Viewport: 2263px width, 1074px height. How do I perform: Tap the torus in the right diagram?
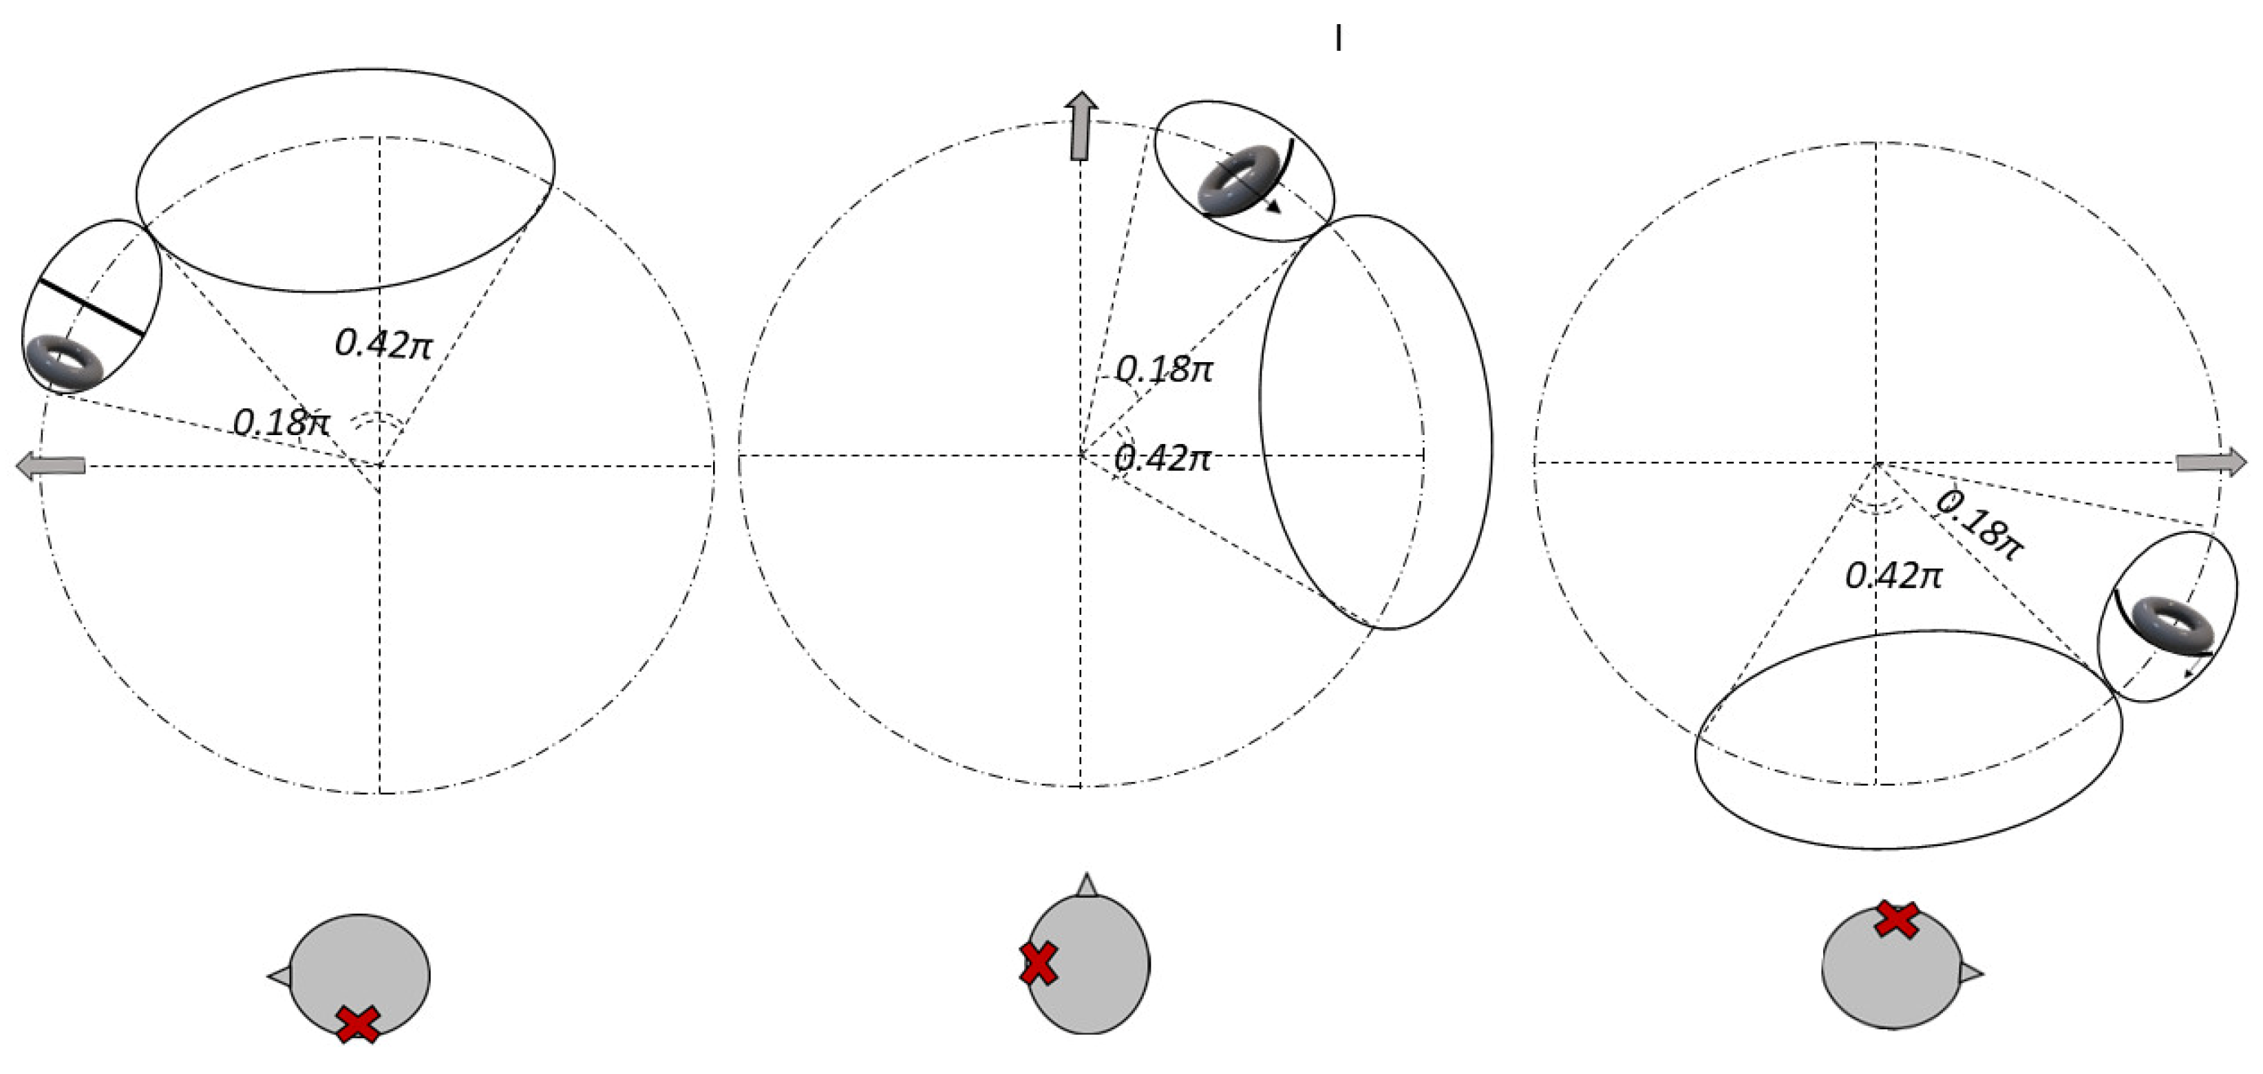(x=2174, y=626)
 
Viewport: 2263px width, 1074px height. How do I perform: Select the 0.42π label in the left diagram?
(x=384, y=344)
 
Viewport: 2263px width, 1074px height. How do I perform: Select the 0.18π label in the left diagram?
(x=281, y=423)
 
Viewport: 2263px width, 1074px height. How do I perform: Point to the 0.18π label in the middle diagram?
(x=1164, y=369)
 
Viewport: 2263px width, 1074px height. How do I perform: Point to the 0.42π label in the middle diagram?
(x=1163, y=458)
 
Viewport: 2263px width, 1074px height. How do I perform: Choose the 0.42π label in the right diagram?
(x=1894, y=576)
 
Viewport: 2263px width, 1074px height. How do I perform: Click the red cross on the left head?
(x=357, y=1024)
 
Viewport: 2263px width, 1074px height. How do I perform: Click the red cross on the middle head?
(x=1039, y=963)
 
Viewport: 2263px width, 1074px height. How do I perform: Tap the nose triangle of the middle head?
(x=1087, y=885)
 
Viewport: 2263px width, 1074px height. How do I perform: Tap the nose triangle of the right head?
(x=1970, y=973)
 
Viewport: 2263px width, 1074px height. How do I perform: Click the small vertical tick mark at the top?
(x=1338, y=38)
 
